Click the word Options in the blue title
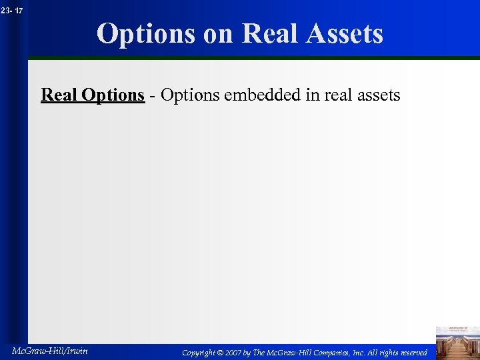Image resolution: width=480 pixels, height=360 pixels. (146, 33)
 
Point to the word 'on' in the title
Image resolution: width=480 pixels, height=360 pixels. (219, 33)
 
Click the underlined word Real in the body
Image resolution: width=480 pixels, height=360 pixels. (59, 95)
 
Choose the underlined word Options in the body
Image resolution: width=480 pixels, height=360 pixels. (113, 95)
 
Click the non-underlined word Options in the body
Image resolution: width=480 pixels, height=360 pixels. (191, 95)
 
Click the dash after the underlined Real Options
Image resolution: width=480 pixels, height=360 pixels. (153, 96)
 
